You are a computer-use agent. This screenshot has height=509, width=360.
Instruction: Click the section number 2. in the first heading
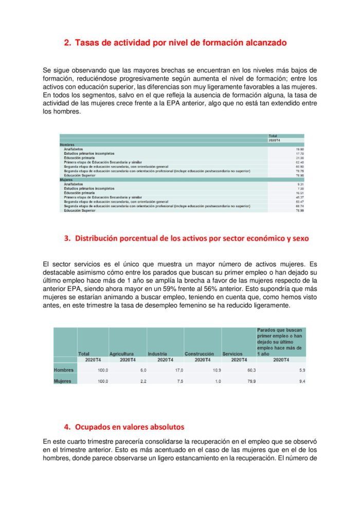point(67,43)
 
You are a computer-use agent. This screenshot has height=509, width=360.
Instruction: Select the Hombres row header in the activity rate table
point(67,145)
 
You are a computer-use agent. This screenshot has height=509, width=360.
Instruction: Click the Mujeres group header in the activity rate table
point(66,179)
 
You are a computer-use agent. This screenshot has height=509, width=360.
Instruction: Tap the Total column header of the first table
point(273,136)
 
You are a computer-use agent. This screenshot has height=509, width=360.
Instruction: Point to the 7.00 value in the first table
point(300,188)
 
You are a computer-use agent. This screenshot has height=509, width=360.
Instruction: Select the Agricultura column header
point(121,354)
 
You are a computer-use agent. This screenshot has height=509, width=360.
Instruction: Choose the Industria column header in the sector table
point(157,354)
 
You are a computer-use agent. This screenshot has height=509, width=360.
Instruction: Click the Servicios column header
point(232,354)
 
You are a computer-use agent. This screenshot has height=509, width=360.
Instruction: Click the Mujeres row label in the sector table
point(63,381)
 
